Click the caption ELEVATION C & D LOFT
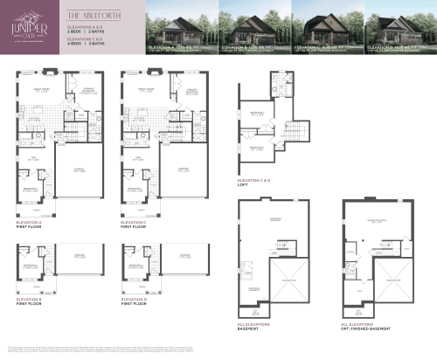point(254,182)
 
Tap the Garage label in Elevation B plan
point(80,258)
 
